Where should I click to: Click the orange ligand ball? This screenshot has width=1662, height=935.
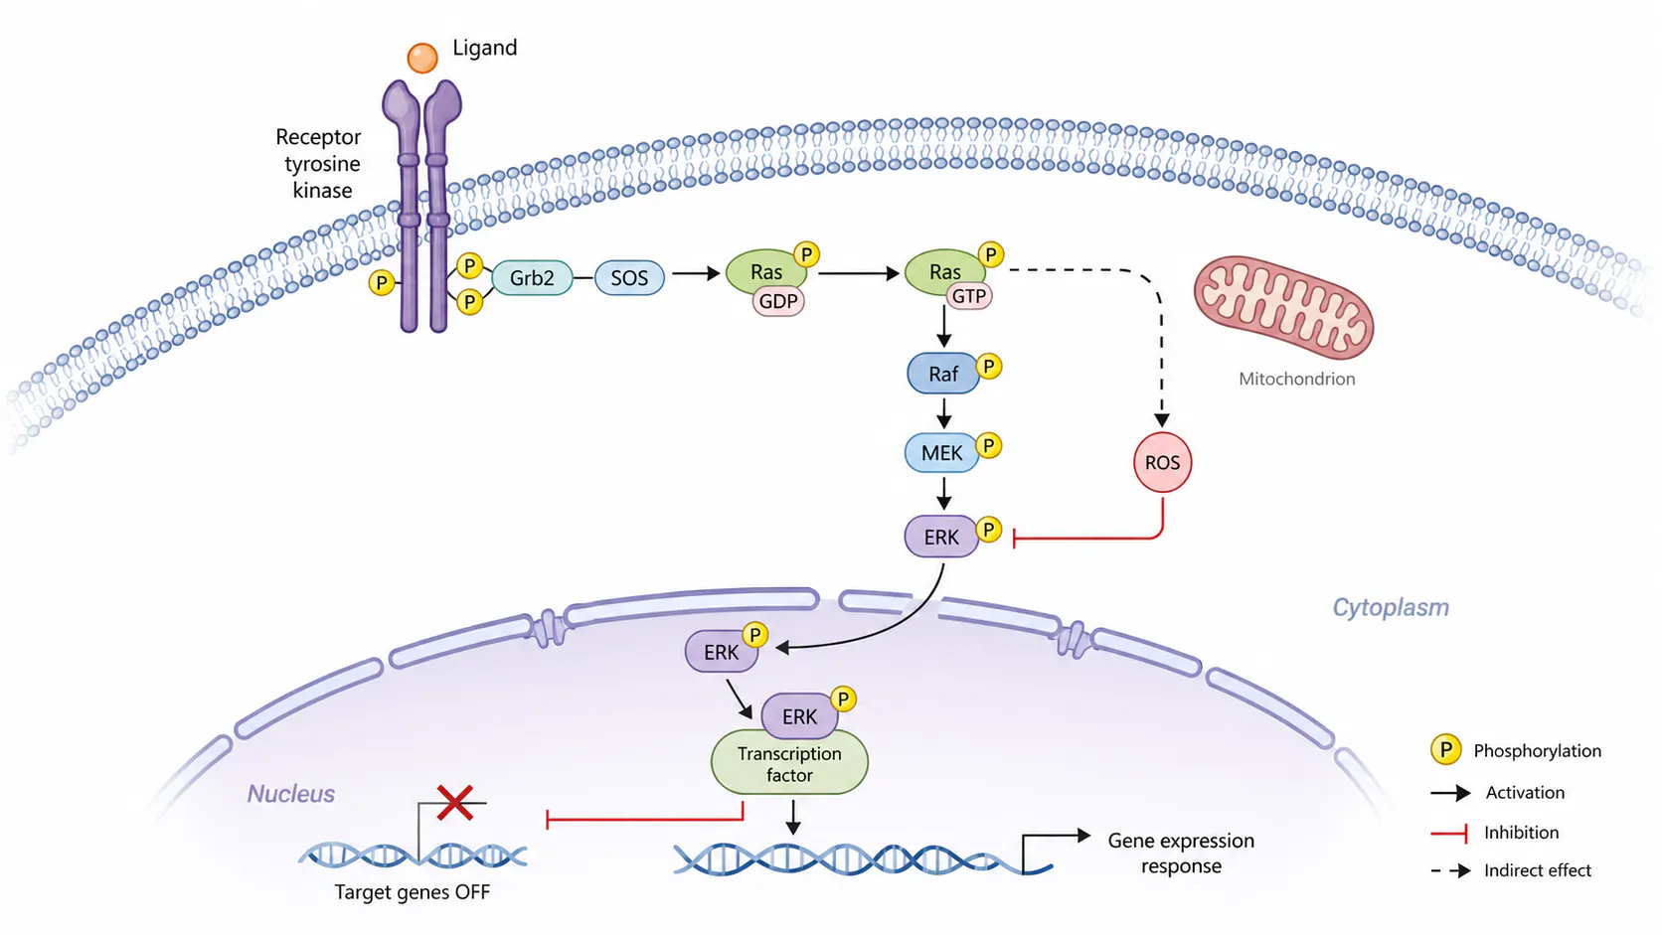[x=422, y=59]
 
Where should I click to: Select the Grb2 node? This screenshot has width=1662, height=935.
[x=532, y=278]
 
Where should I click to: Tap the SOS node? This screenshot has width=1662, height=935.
[x=629, y=278]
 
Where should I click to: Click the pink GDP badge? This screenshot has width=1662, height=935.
[x=778, y=301]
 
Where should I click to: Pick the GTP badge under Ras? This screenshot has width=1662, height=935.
[x=969, y=296]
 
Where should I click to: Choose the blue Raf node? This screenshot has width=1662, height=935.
[x=943, y=374]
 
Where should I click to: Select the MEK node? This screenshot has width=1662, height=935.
[x=941, y=453]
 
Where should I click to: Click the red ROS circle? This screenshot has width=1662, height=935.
[x=1163, y=463]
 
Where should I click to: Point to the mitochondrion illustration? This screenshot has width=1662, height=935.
[x=1283, y=308]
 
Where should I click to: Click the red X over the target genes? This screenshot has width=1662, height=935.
[x=455, y=803]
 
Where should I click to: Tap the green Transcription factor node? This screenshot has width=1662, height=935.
[x=789, y=764]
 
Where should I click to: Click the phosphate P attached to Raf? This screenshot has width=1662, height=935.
[x=989, y=367]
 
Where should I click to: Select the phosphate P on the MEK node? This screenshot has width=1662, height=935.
[x=988, y=445]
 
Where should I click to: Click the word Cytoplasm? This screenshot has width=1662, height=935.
[x=1391, y=607]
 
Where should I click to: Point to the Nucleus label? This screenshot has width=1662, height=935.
[x=291, y=794]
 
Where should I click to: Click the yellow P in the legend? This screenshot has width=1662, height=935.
[x=1446, y=750]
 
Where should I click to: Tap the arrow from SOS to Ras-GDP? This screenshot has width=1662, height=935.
[x=696, y=273]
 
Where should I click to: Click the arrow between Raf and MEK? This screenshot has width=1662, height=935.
[x=943, y=413]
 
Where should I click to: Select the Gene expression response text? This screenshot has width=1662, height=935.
[x=1181, y=854]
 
